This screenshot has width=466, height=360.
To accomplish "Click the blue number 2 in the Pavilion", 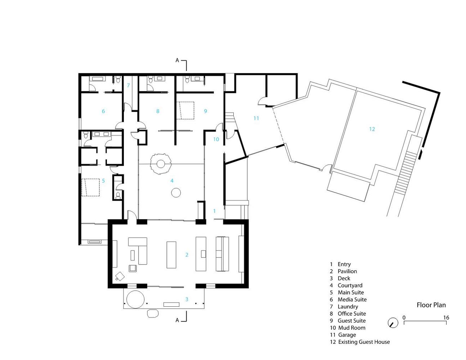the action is coord(187,255).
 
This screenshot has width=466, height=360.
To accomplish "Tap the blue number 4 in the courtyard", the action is coord(172,181).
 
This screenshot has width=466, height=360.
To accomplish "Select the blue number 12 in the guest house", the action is coord(372,129).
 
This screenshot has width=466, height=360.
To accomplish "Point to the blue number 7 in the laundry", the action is coord(128,86).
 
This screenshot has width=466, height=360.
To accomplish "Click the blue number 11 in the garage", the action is coord(256,118).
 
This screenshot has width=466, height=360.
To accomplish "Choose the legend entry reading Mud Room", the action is coord(352,328).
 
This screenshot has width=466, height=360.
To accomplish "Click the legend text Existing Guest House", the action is coord(364,342).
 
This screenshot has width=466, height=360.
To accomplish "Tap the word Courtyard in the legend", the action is coord(350,285).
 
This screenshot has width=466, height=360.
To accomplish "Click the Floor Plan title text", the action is coord(431,305).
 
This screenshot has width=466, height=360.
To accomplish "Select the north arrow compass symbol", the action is coord(393,323).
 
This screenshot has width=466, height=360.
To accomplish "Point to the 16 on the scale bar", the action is coord(446,318).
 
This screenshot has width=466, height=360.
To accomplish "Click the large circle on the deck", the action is coord(135,300).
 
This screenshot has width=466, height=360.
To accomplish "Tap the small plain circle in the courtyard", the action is coord(176,193).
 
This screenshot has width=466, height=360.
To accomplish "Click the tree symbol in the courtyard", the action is coord(161,164).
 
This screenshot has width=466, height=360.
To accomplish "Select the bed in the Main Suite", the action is coord(90,187).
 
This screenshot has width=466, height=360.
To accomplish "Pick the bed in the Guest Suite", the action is coord(185,111).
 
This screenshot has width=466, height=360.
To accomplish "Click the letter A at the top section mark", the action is coord(177,60).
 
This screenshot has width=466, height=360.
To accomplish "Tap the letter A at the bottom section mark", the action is coord(177,320).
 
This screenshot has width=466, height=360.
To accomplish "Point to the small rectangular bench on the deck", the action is coord(171,305).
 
